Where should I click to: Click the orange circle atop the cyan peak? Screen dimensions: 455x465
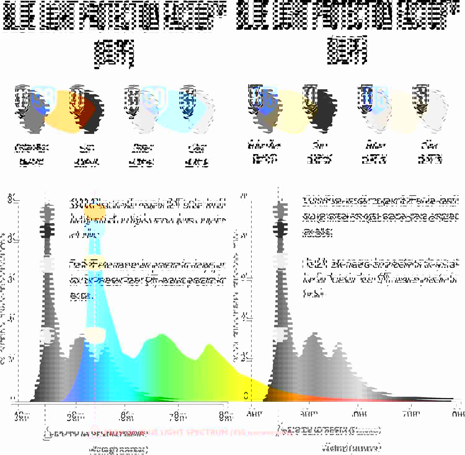click(95, 211)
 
